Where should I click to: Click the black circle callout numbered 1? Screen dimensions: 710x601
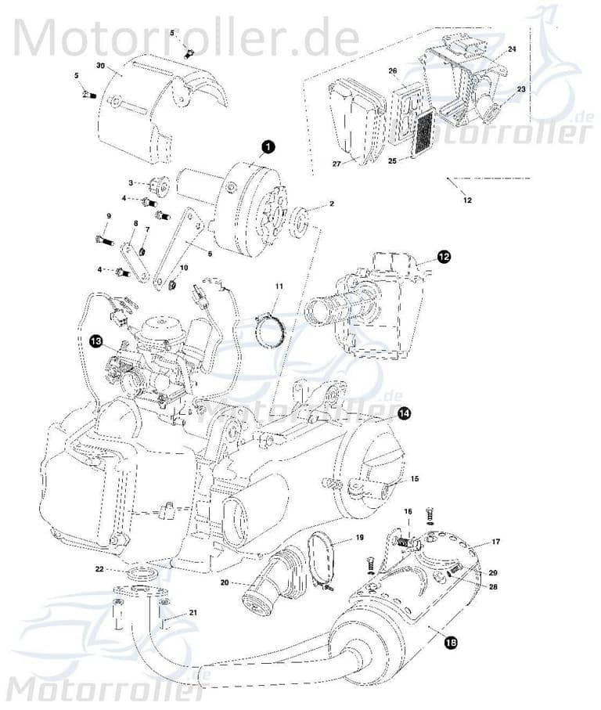point(267,146)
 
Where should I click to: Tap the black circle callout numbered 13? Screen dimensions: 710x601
point(95,341)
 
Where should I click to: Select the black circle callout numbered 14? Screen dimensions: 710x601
point(403,414)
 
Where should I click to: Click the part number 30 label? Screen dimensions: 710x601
point(100,65)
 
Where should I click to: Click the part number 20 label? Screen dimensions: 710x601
point(224,582)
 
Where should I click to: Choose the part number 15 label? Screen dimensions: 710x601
point(414,478)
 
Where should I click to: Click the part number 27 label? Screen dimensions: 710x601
point(336,164)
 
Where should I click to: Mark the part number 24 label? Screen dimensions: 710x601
point(511,49)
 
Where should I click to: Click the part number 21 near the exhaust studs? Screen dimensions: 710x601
point(193,614)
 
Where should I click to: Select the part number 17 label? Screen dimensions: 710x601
point(495,542)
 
